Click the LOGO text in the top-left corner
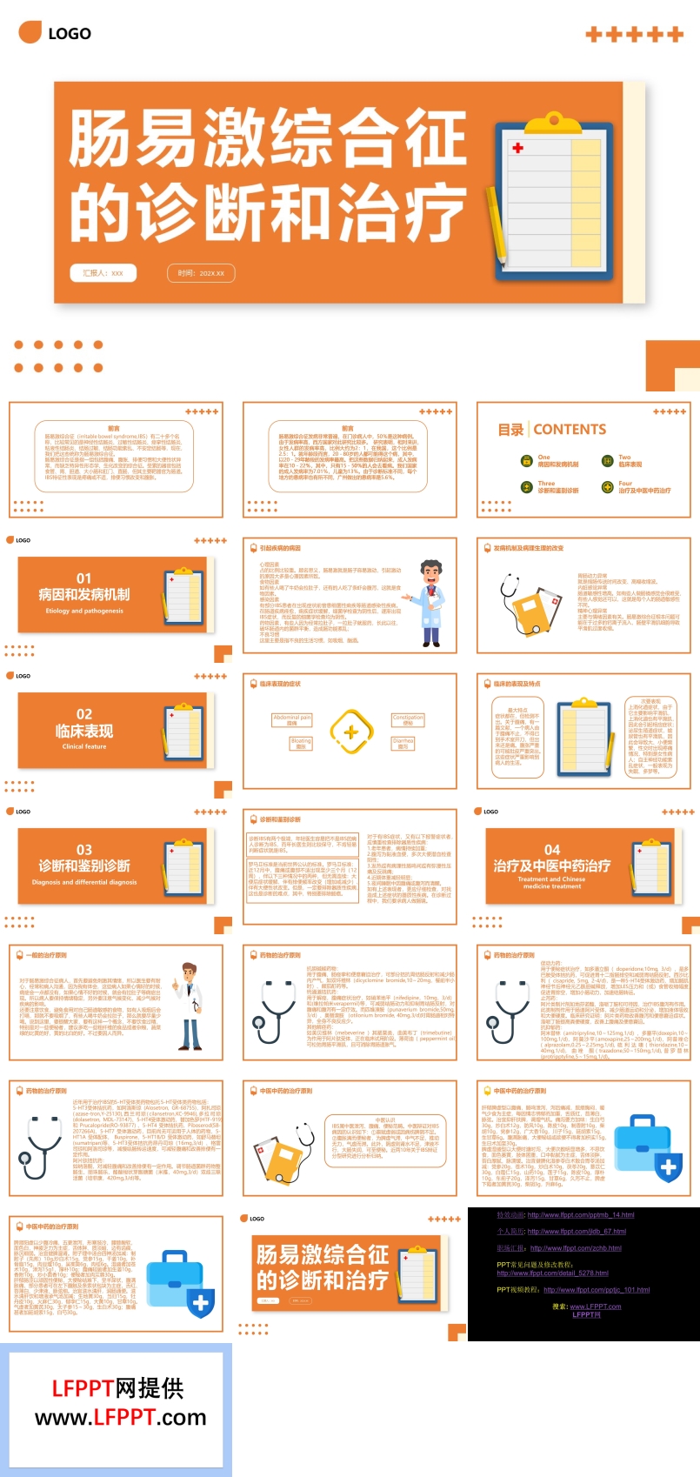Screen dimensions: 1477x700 click(x=69, y=34)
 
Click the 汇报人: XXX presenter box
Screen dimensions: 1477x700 click(x=103, y=273)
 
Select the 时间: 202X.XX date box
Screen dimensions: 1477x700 click(x=201, y=273)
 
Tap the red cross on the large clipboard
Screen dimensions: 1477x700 click(x=518, y=148)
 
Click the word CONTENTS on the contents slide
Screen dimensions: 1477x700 click(x=570, y=430)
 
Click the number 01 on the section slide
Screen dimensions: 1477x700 click(x=83, y=578)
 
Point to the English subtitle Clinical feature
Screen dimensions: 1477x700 click(x=84, y=746)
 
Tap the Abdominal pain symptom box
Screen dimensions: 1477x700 click(x=292, y=720)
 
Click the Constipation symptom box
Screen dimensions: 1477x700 click(x=408, y=720)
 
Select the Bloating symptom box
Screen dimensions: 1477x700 click(x=301, y=744)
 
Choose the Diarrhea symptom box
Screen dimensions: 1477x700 click(x=403, y=744)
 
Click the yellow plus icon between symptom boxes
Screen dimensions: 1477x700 click(x=350, y=732)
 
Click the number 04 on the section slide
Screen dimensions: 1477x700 click(x=552, y=850)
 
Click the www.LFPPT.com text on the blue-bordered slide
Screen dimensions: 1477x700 click(x=120, y=1418)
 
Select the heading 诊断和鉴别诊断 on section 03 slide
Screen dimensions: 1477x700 click(x=83, y=866)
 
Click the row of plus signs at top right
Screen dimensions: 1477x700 click(x=635, y=35)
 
